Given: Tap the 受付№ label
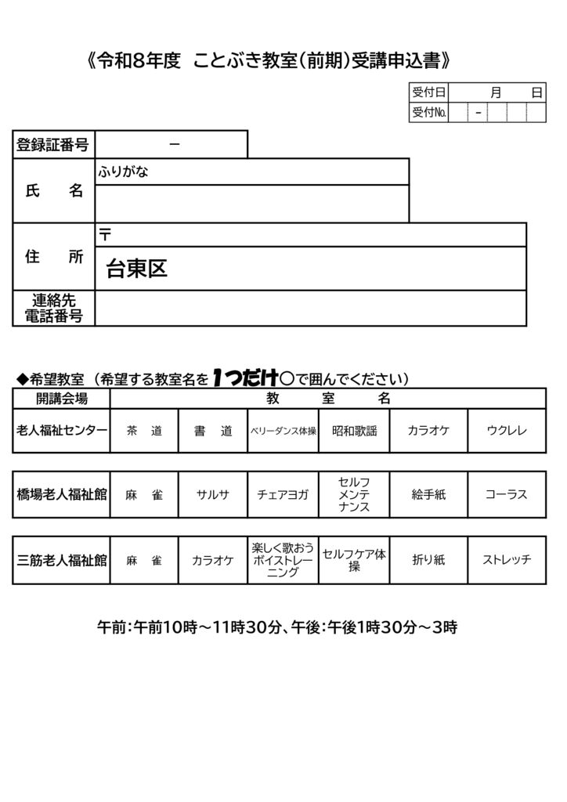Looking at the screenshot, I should pyautogui.click(x=428, y=114).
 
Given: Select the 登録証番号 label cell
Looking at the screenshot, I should pyautogui.click(x=53, y=144).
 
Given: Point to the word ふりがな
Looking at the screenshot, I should pyautogui.click(x=123, y=172).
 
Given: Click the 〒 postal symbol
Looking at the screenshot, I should pyautogui.click(x=105, y=234).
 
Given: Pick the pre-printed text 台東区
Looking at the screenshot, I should pyautogui.click(x=137, y=269).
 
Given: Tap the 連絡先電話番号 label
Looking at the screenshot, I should pyautogui.click(x=53, y=309).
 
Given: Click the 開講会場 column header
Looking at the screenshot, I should pyautogui.click(x=61, y=399).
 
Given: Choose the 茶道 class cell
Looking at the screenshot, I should pyautogui.click(x=144, y=431).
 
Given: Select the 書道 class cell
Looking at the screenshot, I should pyautogui.click(x=213, y=431).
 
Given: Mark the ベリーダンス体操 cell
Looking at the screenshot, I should pyautogui.click(x=283, y=431).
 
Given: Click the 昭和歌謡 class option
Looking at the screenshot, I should pyautogui.click(x=354, y=431).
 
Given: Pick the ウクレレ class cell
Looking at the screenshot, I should pyautogui.click(x=507, y=431).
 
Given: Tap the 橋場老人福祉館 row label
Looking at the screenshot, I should pyautogui.click(x=61, y=495).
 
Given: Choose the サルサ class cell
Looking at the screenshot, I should pyautogui.click(x=213, y=495).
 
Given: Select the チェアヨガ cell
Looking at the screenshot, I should pyautogui.click(x=283, y=495).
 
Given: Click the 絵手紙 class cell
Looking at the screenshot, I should pyautogui.click(x=428, y=495).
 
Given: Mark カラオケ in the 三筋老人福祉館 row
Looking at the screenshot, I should pyautogui.click(x=213, y=560).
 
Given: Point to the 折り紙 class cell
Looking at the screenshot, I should pyautogui.click(x=428, y=560).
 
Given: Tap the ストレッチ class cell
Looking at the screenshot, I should pyautogui.click(x=507, y=560).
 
